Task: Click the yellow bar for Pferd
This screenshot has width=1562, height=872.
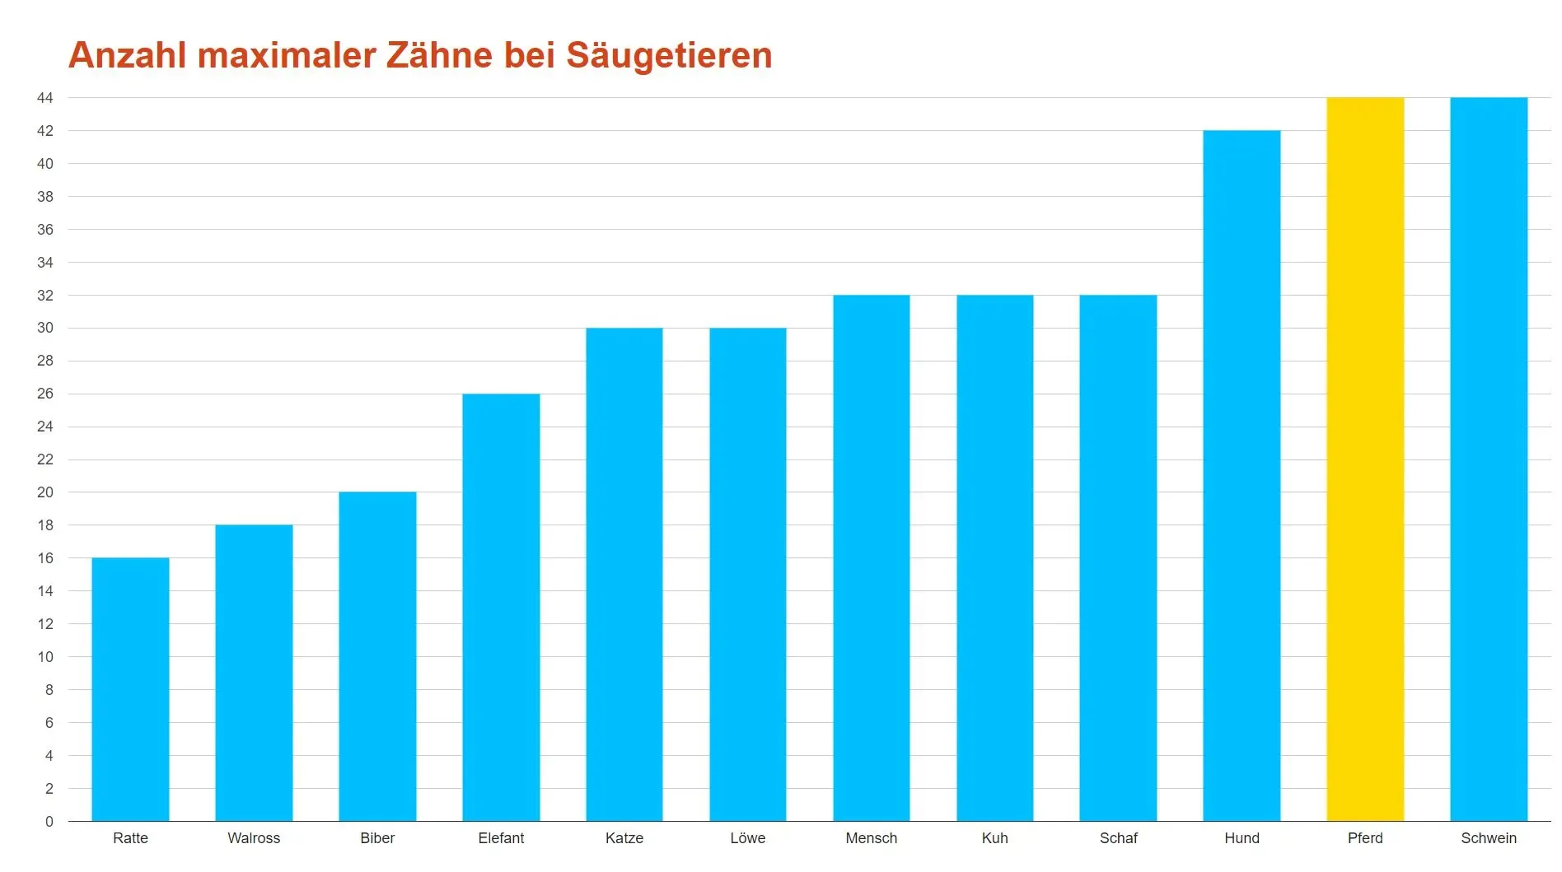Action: pyautogui.click(x=1365, y=459)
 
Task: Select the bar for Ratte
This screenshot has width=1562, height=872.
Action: pyautogui.click(x=130, y=689)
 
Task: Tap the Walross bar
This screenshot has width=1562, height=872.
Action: pyautogui.click(x=254, y=673)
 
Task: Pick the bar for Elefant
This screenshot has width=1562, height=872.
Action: pyautogui.click(x=501, y=607)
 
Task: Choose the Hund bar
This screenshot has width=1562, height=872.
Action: pyautogui.click(x=1242, y=475)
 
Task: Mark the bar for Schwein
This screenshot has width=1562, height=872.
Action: pyautogui.click(x=1489, y=459)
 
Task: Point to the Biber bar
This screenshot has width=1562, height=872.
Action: pyautogui.click(x=377, y=656)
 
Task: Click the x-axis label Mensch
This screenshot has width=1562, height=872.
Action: pyautogui.click(x=871, y=838)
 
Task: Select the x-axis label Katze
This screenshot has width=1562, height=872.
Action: pyautogui.click(x=624, y=838)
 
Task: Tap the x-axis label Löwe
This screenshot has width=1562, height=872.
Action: pyautogui.click(x=747, y=838)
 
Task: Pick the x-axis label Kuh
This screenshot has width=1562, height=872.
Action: pyautogui.click(x=994, y=838)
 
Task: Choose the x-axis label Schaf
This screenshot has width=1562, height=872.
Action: pyautogui.click(x=1118, y=838)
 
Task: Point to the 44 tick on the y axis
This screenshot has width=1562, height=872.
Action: pyautogui.click(x=45, y=98)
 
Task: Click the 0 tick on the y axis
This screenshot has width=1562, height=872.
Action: pyautogui.click(x=49, y=822)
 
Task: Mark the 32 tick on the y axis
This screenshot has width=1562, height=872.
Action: pyautogui.click(x=45, y=296)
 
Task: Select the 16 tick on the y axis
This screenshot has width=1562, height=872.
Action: pyautogui.click(x=45, y=558)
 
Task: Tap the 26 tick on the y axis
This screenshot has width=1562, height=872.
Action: pyautogui.click(x=45, y=394)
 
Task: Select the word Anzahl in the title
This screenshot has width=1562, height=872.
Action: pyautogui.click(x=128, y=55)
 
